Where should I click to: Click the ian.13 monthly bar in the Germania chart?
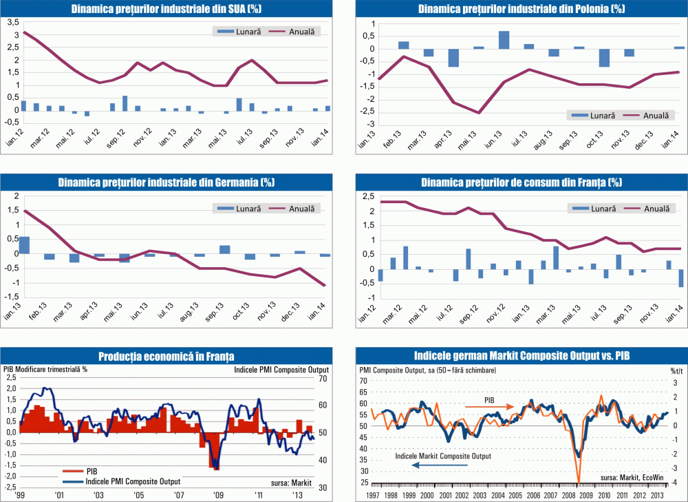coord(24,245)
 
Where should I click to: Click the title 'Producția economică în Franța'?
coord(166,356)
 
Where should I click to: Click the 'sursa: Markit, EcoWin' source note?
coord(633,477)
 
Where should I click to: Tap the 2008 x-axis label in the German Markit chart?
coord(572,496)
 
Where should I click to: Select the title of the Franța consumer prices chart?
coord(521,182)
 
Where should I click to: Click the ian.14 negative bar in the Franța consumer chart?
coord(680,278)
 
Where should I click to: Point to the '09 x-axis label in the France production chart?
coord(219,496)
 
